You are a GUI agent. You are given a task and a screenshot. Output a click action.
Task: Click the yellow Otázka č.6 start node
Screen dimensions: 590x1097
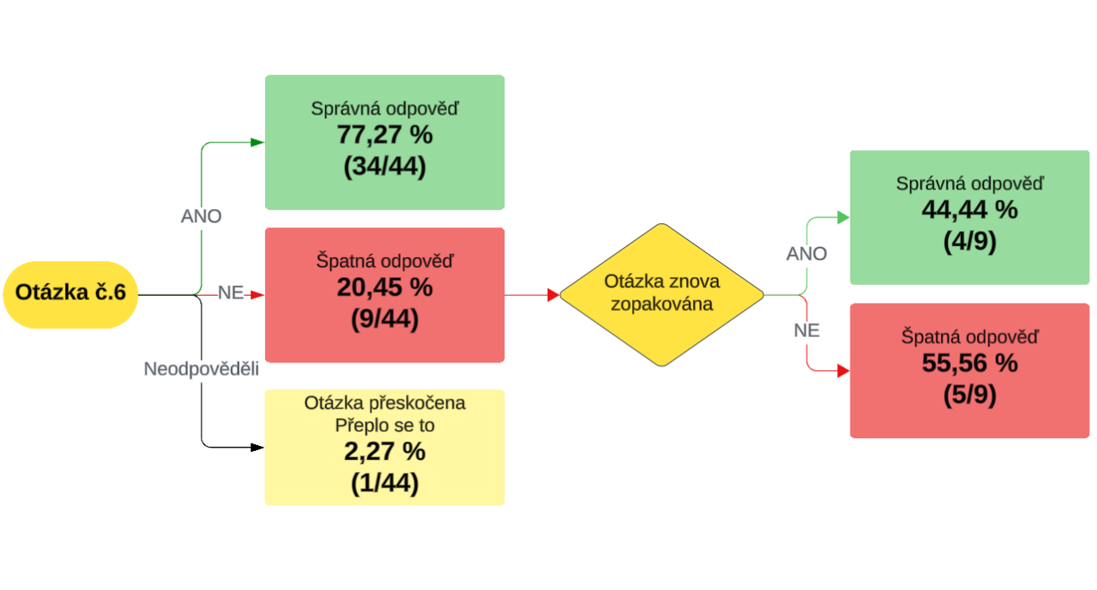[70, 294]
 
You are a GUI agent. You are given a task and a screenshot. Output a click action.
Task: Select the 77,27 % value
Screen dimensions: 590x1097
[384, 135]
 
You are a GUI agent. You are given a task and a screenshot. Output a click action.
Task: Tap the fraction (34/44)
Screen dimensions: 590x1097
[384, 166]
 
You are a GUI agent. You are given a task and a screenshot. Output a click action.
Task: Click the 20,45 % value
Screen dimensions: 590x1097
[384, 287]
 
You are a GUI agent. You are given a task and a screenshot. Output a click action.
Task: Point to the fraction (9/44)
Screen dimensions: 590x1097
[384, 319]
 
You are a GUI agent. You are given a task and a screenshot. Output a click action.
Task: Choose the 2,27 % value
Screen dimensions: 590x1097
[384, 452]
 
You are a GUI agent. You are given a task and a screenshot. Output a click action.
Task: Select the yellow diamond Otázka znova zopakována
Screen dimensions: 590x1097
[661, 294]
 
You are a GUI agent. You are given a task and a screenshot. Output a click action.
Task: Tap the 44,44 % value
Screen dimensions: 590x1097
[970, 210]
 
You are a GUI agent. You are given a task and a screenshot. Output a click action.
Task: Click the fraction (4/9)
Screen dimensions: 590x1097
[970, 241]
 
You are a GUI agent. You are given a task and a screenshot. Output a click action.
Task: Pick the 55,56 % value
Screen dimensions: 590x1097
[970, 363]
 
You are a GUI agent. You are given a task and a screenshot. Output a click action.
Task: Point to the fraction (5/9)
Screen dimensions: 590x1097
[970, 394]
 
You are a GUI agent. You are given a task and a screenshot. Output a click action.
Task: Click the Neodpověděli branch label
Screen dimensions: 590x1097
[201, 369]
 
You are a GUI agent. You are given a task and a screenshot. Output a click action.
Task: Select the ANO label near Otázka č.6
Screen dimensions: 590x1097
[201, 217]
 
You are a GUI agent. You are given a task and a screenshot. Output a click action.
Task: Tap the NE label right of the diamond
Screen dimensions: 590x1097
[807, 331]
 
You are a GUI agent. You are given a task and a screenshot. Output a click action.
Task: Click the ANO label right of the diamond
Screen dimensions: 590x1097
[807, 254]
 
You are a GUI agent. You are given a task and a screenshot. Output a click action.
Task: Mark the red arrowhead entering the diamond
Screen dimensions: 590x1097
[554, 295]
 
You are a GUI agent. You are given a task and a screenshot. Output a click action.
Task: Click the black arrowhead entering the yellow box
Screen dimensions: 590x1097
[258, 447]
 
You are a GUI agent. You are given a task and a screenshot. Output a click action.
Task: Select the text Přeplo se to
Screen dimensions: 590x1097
[384, 426]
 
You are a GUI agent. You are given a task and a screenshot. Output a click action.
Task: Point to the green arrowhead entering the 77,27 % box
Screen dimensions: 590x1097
[258, 142]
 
